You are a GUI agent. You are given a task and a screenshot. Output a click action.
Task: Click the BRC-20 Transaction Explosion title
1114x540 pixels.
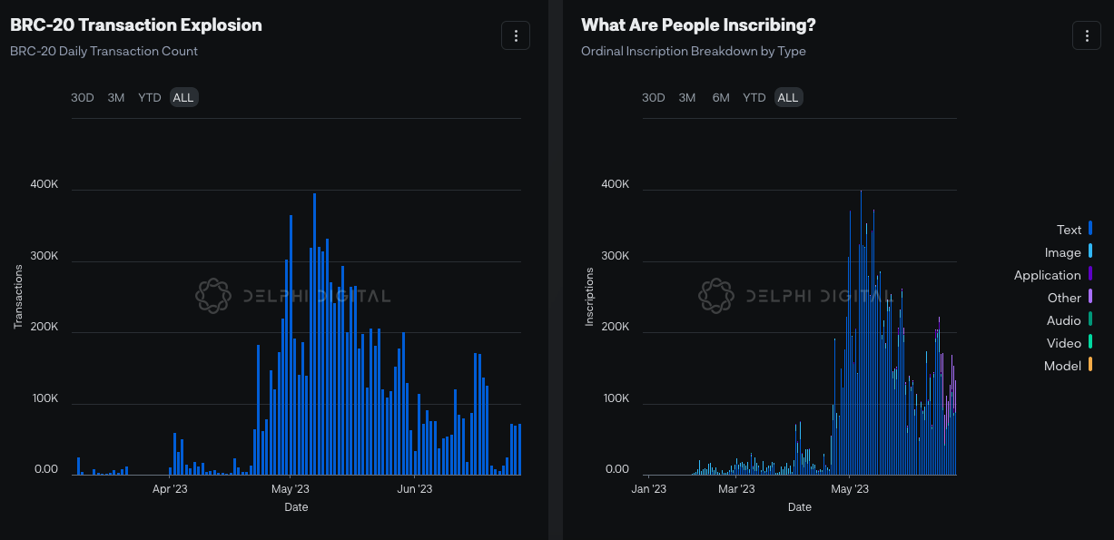136,25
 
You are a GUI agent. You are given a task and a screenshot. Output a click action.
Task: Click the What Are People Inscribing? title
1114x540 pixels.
698,25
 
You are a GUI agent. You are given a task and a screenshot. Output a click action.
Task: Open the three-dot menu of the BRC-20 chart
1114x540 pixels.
516,35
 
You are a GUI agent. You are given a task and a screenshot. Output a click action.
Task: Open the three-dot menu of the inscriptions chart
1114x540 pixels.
1086,35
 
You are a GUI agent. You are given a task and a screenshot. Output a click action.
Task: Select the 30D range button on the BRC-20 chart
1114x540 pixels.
83,98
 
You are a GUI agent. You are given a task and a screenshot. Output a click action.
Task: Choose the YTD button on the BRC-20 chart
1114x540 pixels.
150,98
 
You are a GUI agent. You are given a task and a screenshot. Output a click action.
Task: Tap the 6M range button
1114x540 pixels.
721,98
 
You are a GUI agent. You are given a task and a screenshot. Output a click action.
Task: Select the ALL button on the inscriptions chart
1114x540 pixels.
787,98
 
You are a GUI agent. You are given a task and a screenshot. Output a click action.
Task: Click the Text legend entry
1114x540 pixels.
1070,230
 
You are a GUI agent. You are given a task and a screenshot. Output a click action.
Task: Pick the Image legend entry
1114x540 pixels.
1063,252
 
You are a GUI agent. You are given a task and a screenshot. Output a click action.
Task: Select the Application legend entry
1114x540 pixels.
1048,275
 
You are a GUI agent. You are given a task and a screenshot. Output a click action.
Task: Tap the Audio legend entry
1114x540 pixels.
1064,320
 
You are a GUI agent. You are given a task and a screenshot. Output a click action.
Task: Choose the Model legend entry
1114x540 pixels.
1063,366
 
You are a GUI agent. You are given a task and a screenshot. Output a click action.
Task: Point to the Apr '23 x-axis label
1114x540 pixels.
170,489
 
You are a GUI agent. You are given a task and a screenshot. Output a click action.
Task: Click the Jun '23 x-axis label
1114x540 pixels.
414,489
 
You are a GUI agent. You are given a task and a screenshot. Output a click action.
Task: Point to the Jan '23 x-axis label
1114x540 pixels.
648,489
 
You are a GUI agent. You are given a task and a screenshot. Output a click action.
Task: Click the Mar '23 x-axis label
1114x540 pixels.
736,489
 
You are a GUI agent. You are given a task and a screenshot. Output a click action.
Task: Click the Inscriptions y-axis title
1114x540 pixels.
589,296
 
